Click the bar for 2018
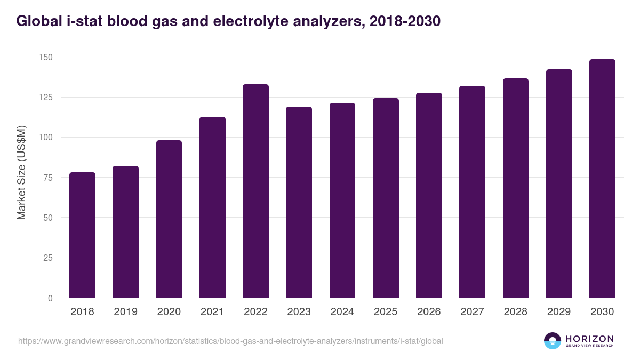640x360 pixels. (82, 235)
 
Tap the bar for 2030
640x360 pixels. (602, 179)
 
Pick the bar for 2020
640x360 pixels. (169, 219)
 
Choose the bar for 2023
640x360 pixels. (299, 202)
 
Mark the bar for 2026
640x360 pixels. (429, 195)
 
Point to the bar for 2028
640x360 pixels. (516, 188)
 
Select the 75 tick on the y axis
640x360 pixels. (48, 178)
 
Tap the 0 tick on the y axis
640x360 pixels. (50, 298)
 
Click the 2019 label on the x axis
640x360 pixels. (125, 312)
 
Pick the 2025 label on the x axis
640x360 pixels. (386, 312)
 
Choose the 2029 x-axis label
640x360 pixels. (559, 312)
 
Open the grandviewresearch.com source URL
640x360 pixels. (230, 341)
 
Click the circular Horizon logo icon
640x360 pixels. (553, 341)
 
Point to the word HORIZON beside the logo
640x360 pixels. (589, 338)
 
